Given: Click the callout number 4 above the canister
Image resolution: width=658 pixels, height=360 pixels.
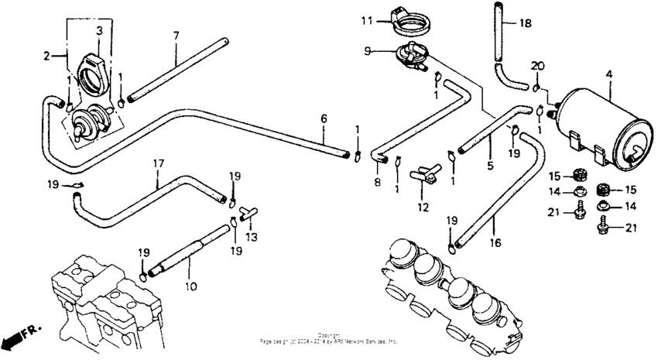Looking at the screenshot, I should pyautogui.click(x=609, y=74).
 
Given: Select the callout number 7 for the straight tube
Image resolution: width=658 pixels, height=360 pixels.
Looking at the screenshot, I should pyautogui.click(x=176, y=36).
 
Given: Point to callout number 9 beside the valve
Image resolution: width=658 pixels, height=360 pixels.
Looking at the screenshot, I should pyautogui.click(x=368, y=51).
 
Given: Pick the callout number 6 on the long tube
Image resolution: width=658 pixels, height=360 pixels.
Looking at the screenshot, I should pyautogui.click(x=324, y=118).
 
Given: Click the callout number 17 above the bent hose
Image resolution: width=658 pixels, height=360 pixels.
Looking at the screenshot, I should pyautogui.click(x=158, y=164).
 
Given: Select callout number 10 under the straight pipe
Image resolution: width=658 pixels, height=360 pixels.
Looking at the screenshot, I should pyautogui.click(x=187, y=286).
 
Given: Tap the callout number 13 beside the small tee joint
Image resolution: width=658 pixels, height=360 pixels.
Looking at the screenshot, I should pyautogui.click(x=249, y=237).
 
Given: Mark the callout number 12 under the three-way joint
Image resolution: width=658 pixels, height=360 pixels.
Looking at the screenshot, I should pyautogui.click(x=423, y=207).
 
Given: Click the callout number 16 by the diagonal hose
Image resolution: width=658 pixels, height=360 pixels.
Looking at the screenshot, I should pyautogui.click(x=495, y=242).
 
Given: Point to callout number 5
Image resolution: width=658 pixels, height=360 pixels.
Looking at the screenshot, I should pyautogui.click(x=490, y=165).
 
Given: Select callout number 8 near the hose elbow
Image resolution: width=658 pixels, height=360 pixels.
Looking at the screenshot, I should pyautogui.click(x=378, y=182).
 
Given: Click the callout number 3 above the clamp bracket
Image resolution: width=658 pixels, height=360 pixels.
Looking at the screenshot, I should pyautogui.click(x=99, y=30).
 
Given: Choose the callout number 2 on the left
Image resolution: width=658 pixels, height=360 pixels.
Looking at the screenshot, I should pyautogui.click(x=46, y=55).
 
